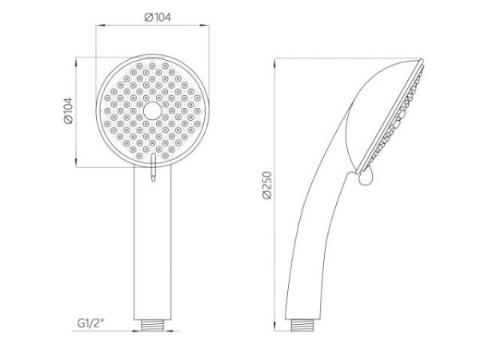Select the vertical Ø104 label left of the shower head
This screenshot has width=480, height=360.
(68, 112)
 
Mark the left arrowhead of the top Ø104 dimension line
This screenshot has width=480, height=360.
(101, 26)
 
